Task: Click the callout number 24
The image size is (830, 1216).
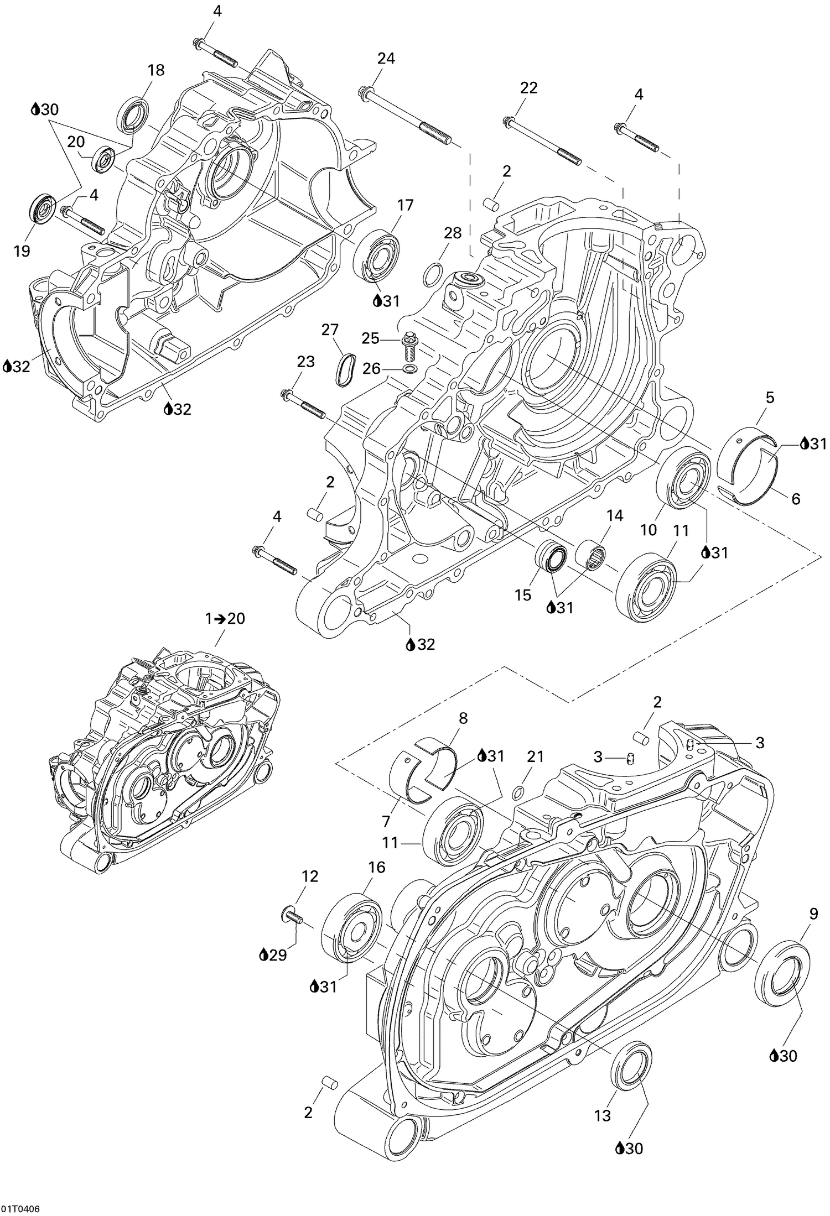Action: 386,59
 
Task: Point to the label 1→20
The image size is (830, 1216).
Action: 225,619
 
